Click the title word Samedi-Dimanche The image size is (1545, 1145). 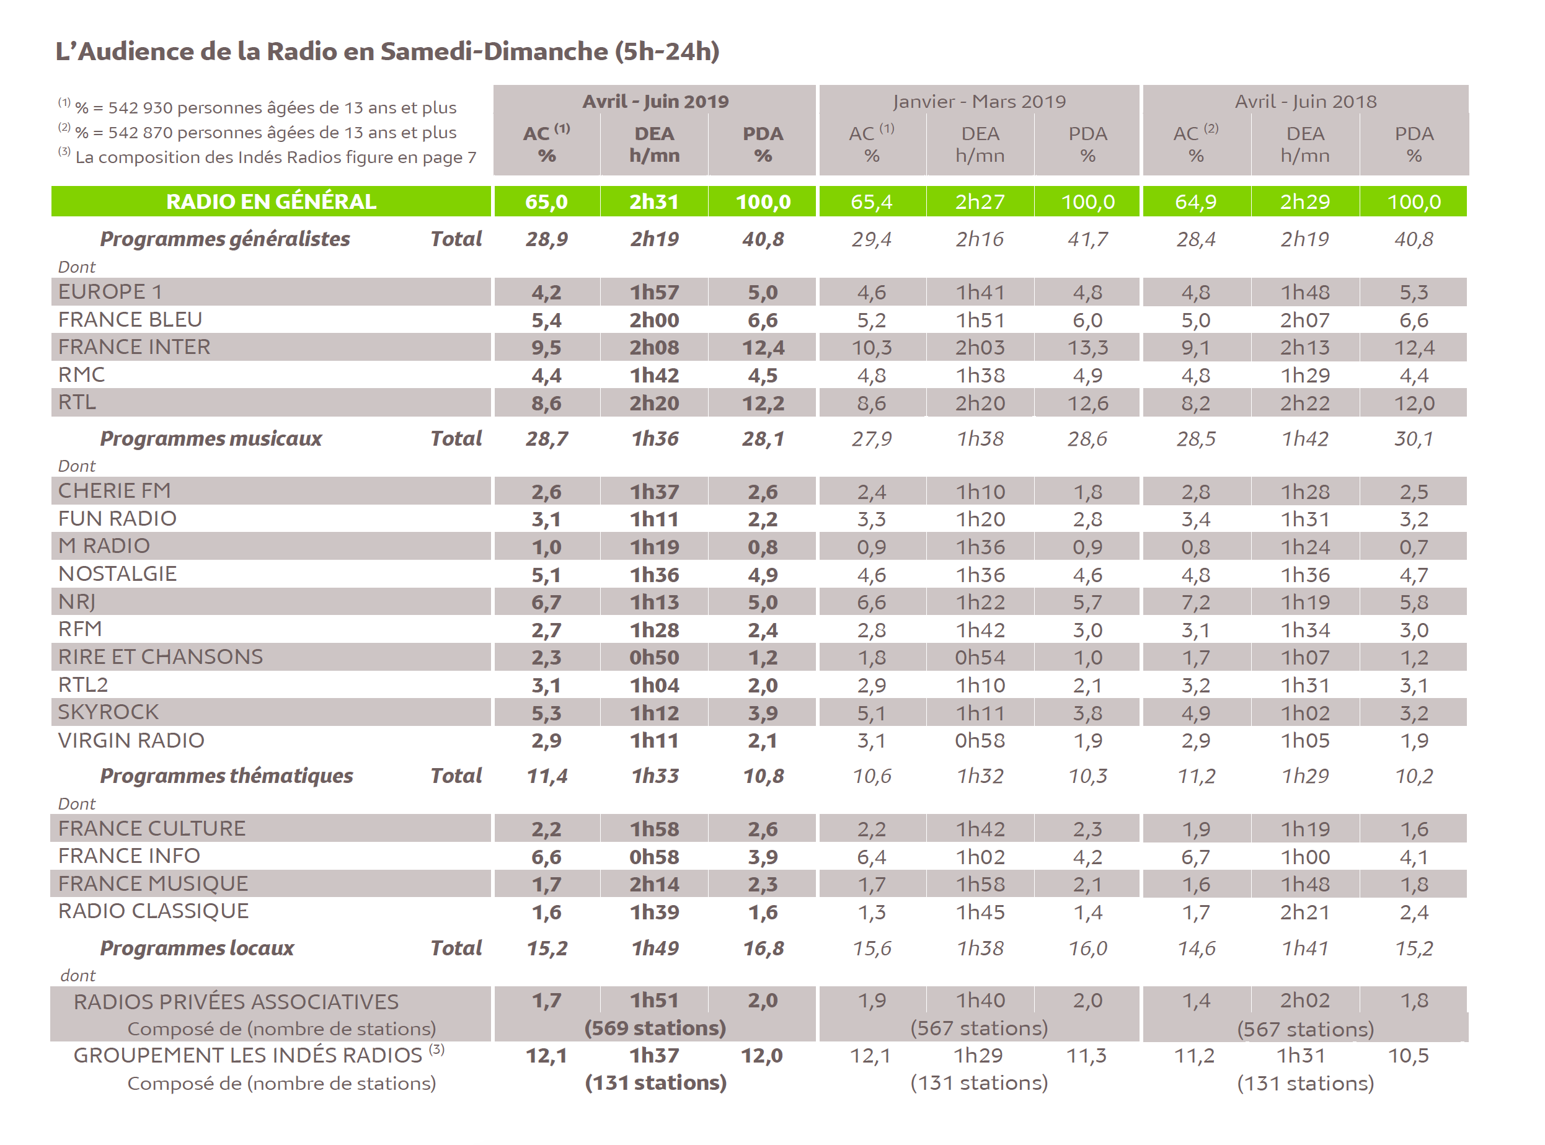tap(494, 51)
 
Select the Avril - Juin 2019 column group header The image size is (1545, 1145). tap(655, 101)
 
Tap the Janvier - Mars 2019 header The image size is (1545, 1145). tap(979, 101)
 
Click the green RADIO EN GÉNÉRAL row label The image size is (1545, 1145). tap(271, 201)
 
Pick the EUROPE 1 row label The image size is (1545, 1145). tap(110, 292)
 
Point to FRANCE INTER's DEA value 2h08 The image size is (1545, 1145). tap(654, 347)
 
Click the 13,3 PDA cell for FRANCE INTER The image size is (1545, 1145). tap(1087, 347)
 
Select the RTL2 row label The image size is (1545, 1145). tap(83, 685)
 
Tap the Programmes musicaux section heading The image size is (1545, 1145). tap(211, 439)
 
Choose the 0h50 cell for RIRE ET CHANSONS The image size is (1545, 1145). tap(654, 657)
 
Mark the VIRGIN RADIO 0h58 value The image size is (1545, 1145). tap(980, 741)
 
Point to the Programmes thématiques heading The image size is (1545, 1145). tap(227, 776)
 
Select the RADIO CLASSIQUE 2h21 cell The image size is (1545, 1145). tap(1304, 912)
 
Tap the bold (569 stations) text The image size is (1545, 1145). tap(655, 1028)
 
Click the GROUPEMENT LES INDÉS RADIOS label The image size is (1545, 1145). tap(247, 1056)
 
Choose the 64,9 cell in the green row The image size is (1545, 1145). tap(1196, 201)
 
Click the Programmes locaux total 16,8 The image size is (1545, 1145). tap(763, 948)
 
